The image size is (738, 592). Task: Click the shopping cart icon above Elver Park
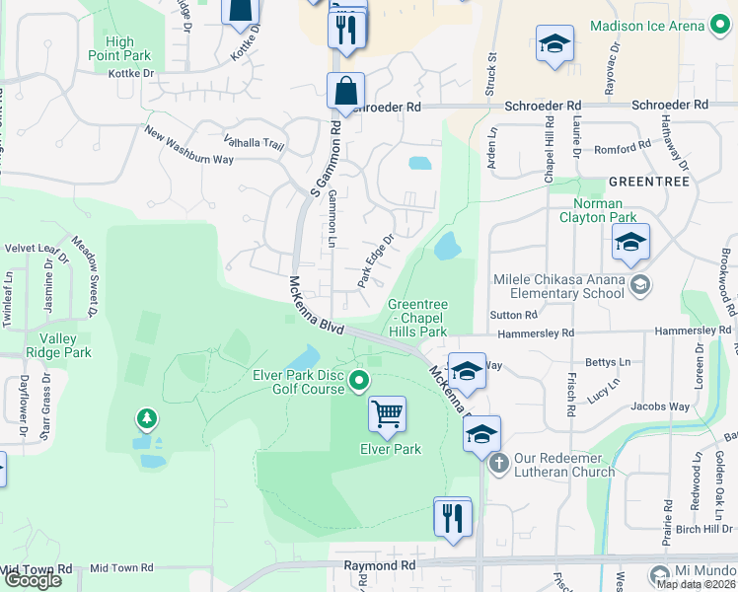point(387,414)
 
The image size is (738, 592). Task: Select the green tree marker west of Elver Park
point(147,420)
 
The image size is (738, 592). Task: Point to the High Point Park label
point(119,48)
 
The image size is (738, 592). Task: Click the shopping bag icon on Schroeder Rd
point(346,92)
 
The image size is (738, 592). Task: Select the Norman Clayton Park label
point(598,210)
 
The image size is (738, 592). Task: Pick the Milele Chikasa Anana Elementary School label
point(558,286)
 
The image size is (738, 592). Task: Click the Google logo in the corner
point(33,580)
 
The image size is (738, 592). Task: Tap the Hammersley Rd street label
point(541,333)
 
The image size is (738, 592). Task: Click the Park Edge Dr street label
point(376,259)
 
